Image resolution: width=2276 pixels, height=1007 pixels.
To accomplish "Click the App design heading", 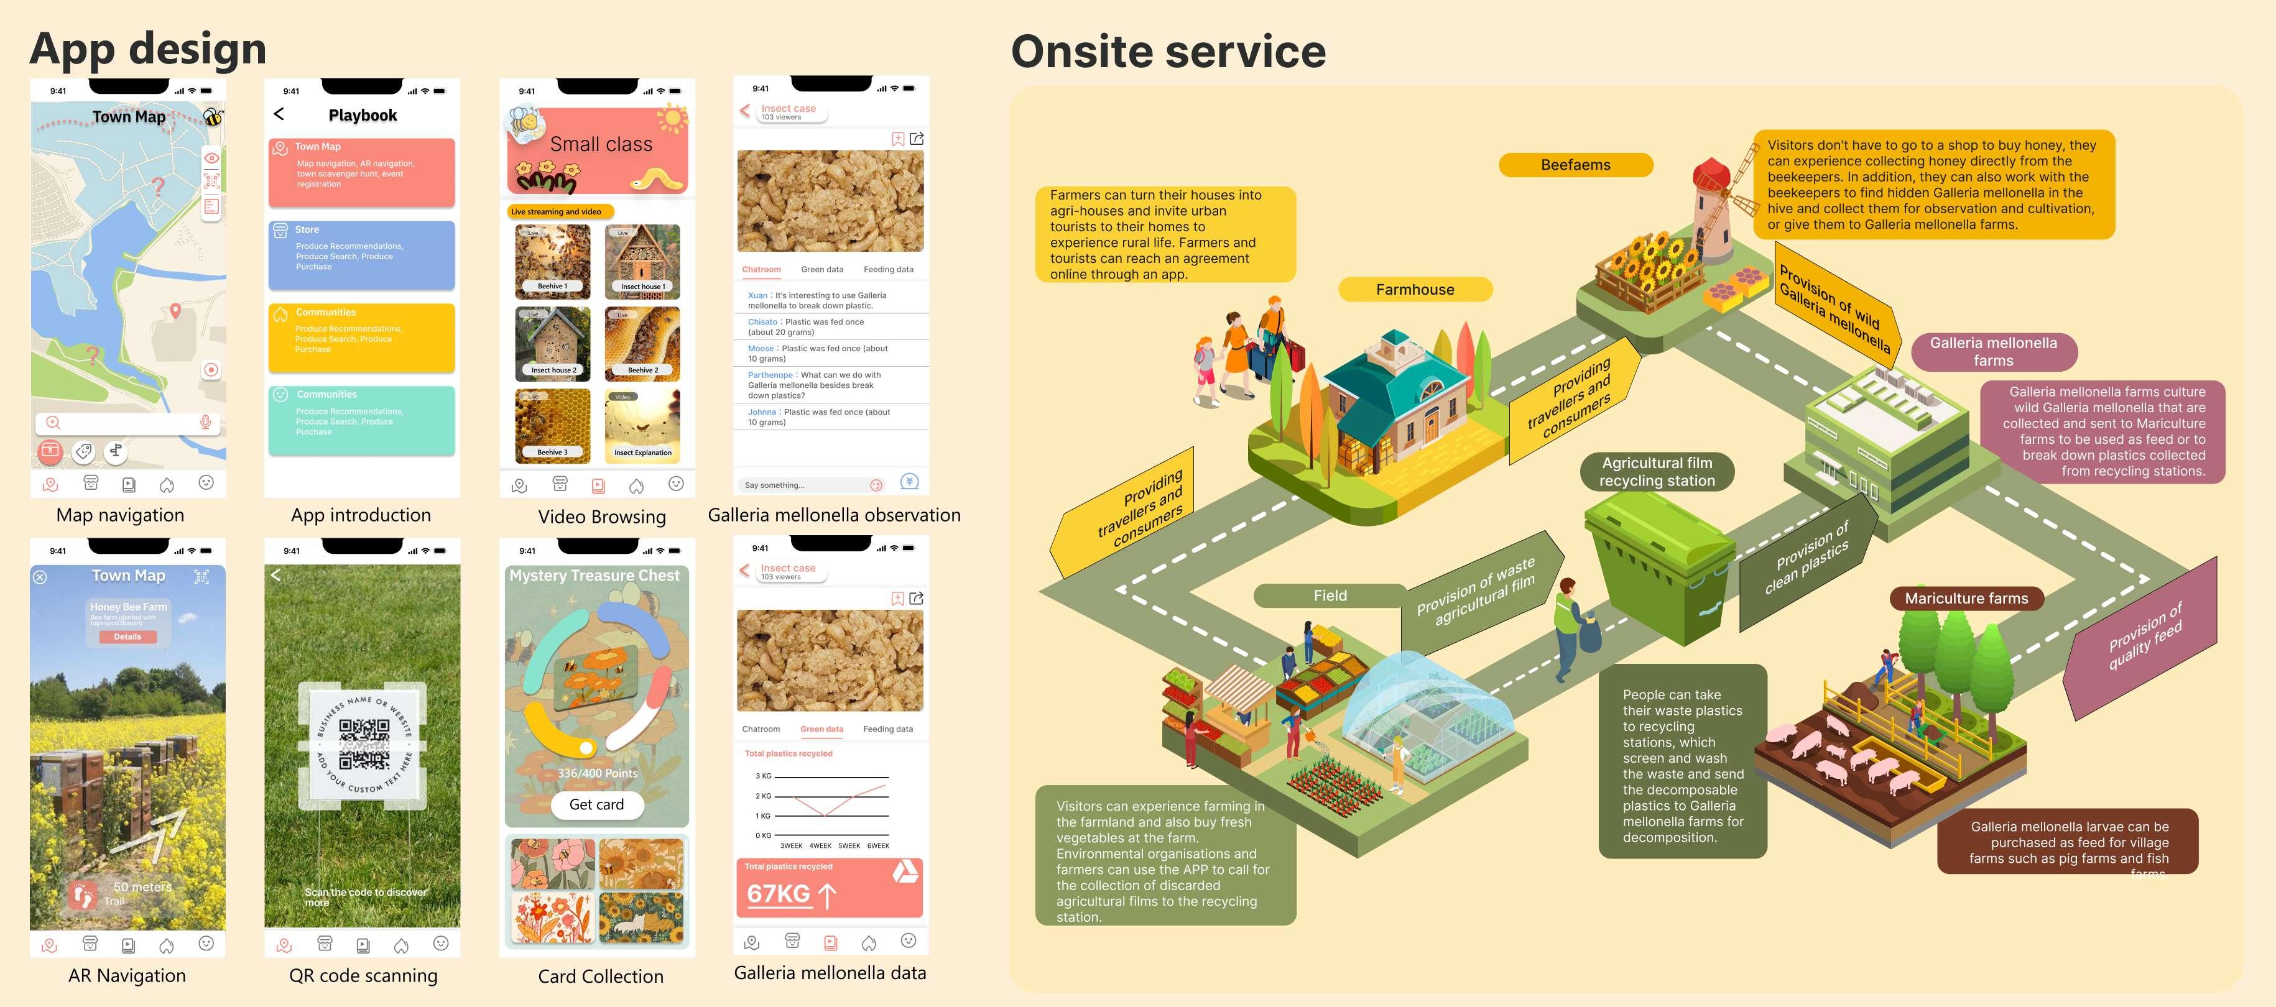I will click(149, 48).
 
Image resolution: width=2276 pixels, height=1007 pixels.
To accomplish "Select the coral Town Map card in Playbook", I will click(361, 172).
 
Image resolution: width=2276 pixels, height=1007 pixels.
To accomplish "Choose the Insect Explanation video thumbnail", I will click(642, 426).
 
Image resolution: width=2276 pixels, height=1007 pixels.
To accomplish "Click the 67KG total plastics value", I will click(779, 894).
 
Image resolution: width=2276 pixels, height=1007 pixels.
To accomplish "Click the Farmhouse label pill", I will click(1415, 290).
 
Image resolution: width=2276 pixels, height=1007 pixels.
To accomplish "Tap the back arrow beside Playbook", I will click(279, 114).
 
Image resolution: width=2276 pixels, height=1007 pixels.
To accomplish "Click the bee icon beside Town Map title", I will click(213, 117).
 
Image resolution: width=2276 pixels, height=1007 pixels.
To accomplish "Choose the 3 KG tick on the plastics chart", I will click(764, 776).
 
